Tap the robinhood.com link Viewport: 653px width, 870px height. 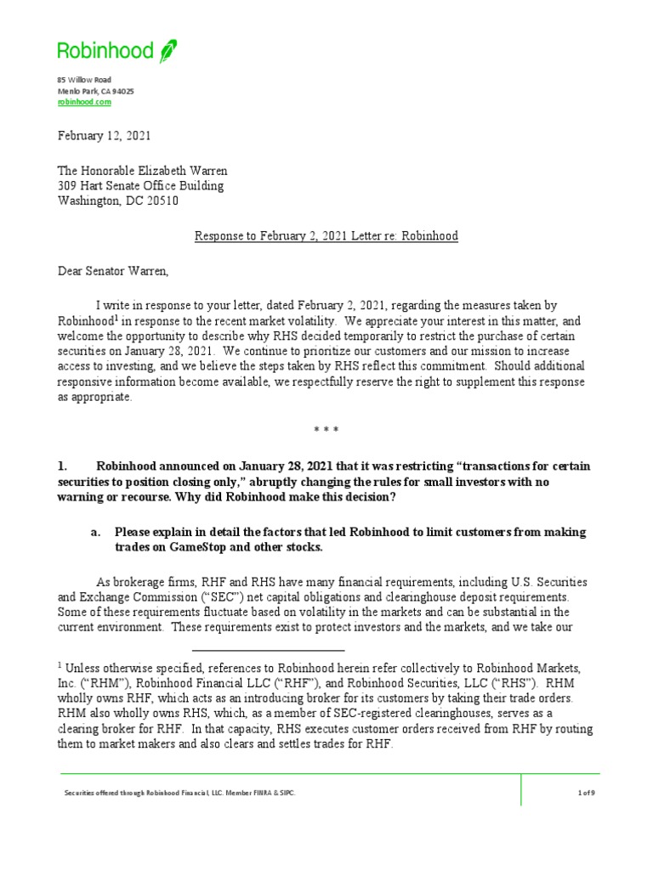click(84, 101)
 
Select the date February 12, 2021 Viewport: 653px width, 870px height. click(105, 136)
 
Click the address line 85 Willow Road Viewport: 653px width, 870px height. click(84, 79)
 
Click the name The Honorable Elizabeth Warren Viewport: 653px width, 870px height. click(142, 171)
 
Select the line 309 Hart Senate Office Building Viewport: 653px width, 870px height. click(141, 186)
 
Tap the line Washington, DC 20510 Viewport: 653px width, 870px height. click(118, 201)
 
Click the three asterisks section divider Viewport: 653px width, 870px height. click(326, 431)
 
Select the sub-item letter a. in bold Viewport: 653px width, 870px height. click(96, 532)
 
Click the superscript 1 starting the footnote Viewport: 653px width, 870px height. click(60, 665)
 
